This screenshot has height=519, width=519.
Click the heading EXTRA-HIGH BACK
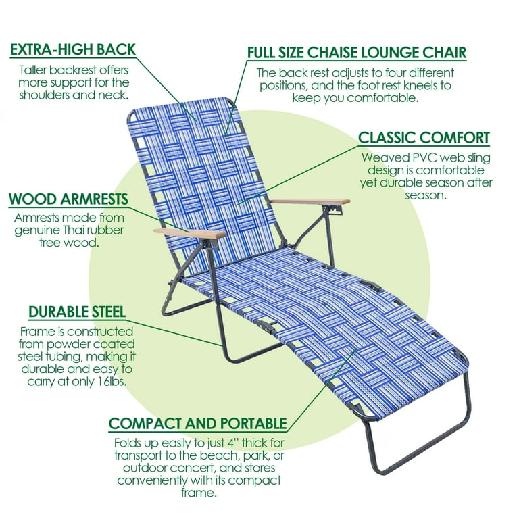click(x=73, y=49)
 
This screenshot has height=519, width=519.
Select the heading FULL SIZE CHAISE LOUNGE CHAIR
click(x=357, y=52)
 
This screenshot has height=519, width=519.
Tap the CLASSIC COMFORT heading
click(x=424, y=138)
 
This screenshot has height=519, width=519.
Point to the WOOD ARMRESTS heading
click(x=68, y=199)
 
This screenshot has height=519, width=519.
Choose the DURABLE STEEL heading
click(x=77, y=312)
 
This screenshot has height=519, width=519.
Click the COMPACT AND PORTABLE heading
click(x=197, y=423)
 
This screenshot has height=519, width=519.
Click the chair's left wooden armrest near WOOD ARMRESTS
click(x=190, y=233)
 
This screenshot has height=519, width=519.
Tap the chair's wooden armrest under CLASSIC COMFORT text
click(x=310, y=201)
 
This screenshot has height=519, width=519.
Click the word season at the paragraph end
click(x=426, y=195)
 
